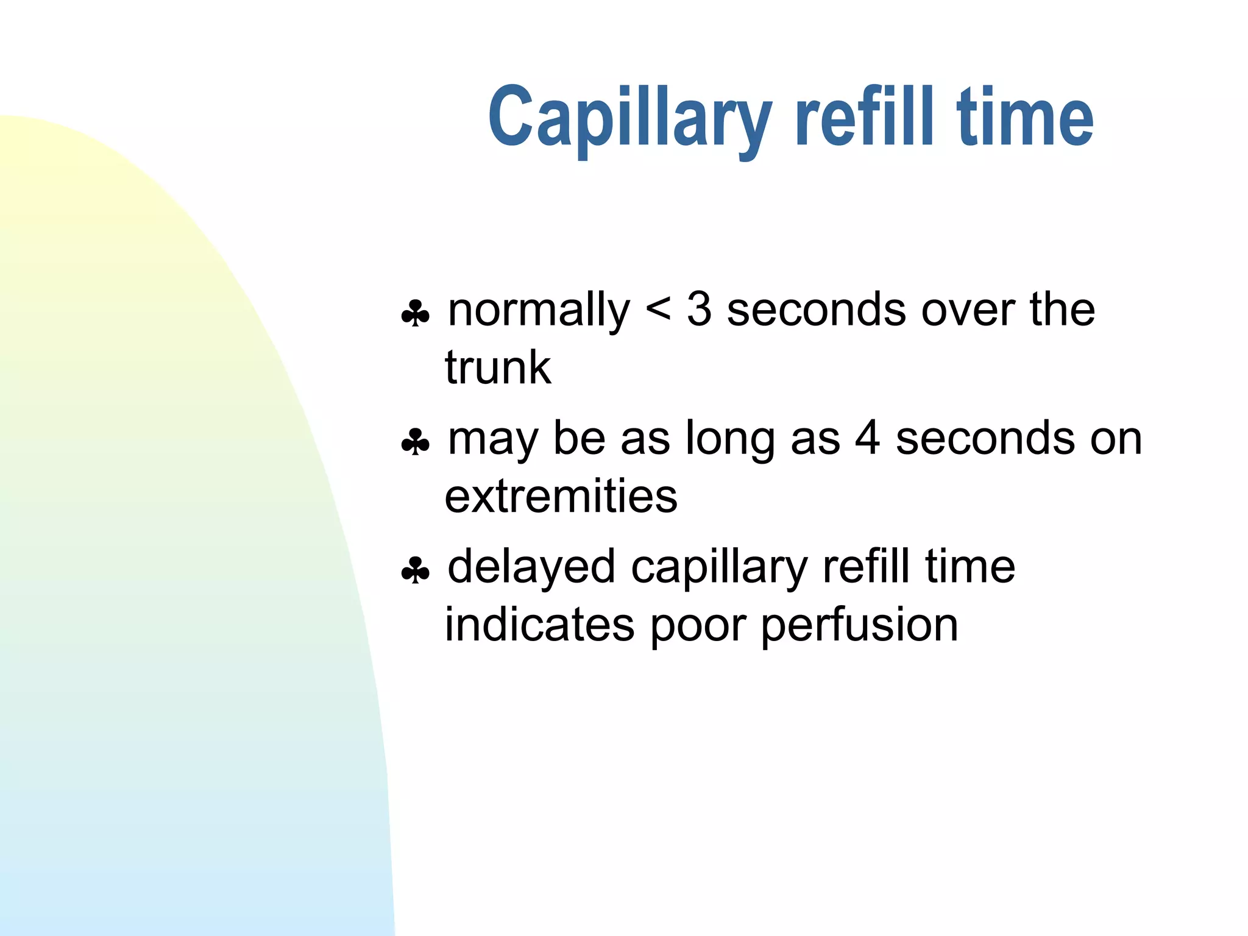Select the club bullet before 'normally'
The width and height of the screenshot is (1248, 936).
point(416,314)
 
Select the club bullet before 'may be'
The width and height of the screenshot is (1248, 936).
point(416,442)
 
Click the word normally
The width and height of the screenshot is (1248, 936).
point(539,311)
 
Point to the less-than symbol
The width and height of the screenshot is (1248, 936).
point(658,310)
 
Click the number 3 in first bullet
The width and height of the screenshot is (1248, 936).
point(699,309)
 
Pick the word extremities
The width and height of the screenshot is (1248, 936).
point(561,496)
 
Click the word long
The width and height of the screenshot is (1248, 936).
point(730,440)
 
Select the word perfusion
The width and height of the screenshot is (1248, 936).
point(860,626)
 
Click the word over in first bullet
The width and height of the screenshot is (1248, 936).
point(968,310)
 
